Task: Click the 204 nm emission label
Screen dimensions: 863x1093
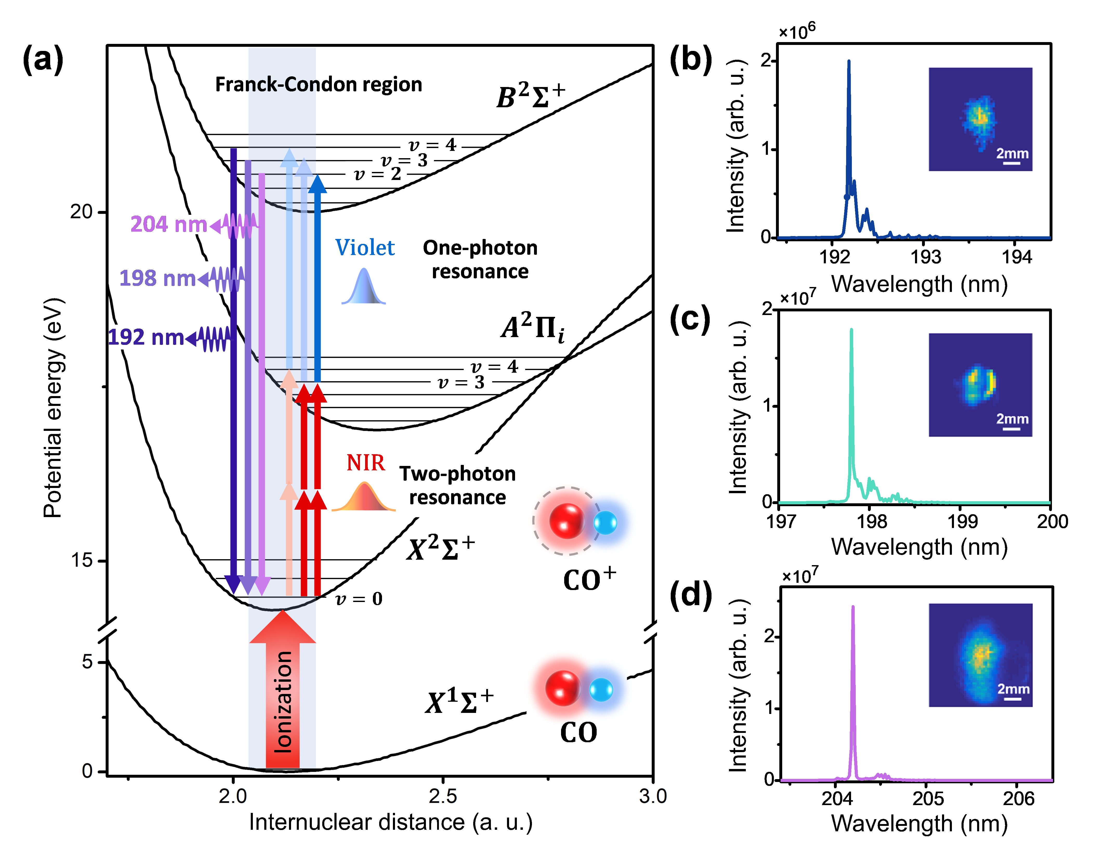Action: tap(168, 224)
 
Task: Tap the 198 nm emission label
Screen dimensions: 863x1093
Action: tap(157, 278)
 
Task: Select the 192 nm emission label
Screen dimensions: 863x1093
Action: tap(146, 338)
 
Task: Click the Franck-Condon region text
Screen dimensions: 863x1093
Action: tap(319, 84)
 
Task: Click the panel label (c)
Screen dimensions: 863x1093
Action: tap(690, 320)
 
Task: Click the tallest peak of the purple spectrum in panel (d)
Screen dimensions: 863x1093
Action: tap(853, 608)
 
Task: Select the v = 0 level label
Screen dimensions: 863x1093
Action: tap(359, 599)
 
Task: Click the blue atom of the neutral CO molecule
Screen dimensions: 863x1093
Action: tap(601, 690)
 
